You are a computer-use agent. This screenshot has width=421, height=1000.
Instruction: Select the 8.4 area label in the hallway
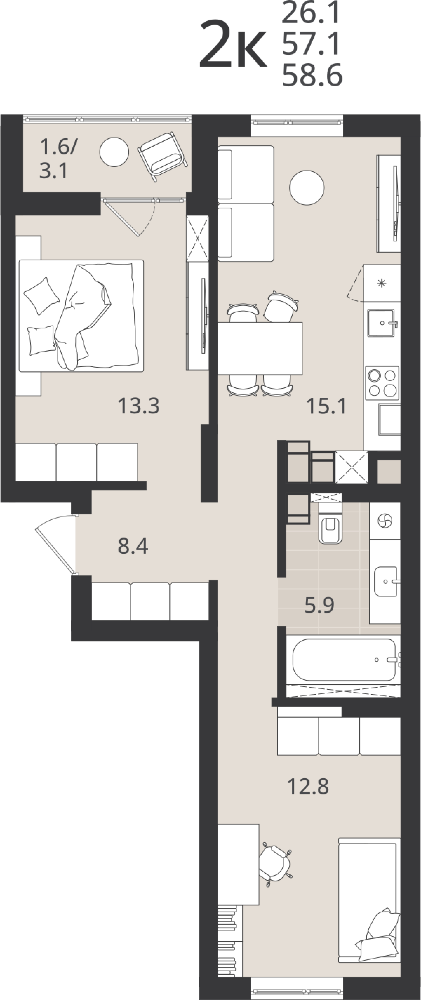click(x=133, y=546)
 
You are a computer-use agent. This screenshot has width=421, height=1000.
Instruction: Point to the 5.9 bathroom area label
click(x=319, y=605)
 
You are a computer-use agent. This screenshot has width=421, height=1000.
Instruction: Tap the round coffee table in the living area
click(x=306, y=188)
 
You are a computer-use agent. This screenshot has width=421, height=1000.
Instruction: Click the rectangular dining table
click(x=260, y=348)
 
